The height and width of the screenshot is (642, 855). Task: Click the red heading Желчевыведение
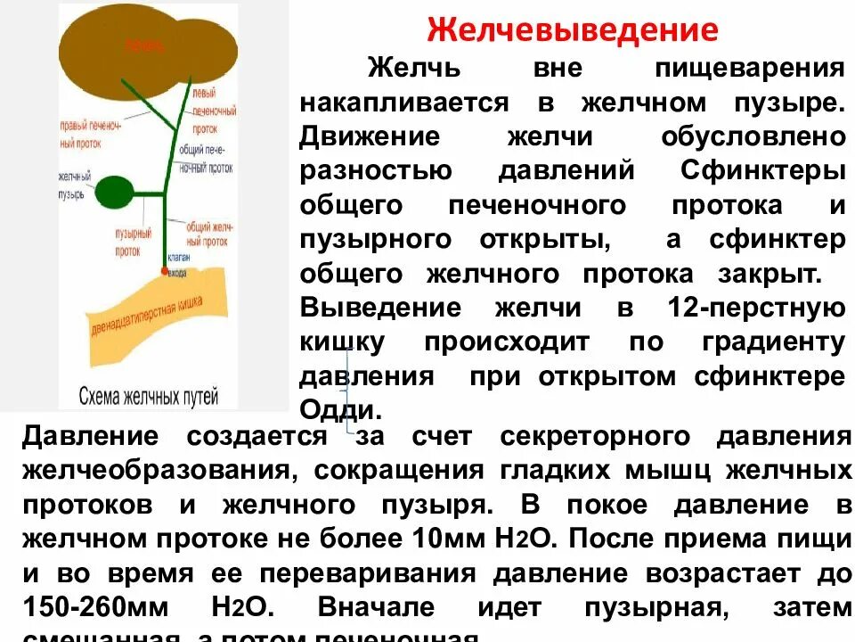[x=573, y=30]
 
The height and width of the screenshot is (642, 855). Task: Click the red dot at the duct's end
[x=163, y=269]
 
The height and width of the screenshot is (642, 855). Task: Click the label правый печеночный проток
[x=90, y=133]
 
